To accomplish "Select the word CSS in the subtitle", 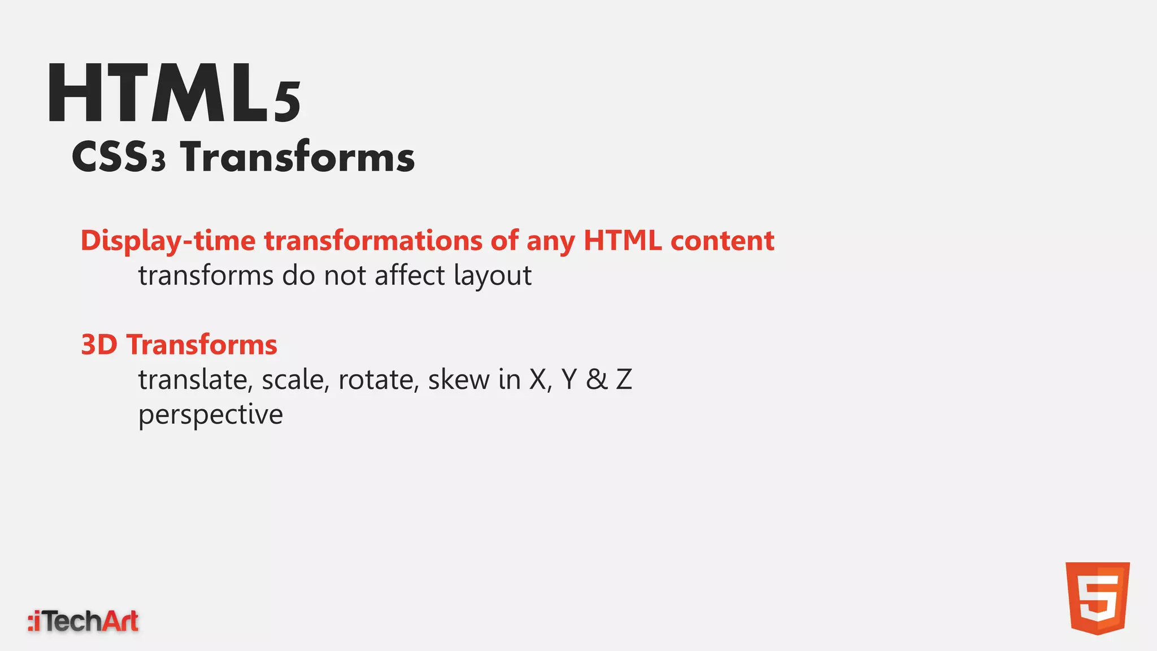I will pyautogui.click(x=110, y=157).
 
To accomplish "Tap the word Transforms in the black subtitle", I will pyautogui.click(x=297, y=157).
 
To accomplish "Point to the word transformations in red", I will pyautogui.click(x=373, y=240).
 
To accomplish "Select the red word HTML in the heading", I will pyautogui.click(x=622, y=240).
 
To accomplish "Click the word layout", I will pyautogui.click(x=492, y=276).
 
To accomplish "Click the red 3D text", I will pyautogui.click(x=99, y=345).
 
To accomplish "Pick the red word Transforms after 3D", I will pyautogui.click(x=202, y=345).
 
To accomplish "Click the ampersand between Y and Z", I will pyautogui.click(x=597, y=379).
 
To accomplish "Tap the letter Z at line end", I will pyautogui.click(x=624, y=379).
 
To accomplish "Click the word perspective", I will pyautogui.click(x=210, y=415).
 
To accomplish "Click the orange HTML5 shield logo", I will pyautogui.click(x=1097, y=598).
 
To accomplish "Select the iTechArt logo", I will pyautogui.click(x=83, y=621).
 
